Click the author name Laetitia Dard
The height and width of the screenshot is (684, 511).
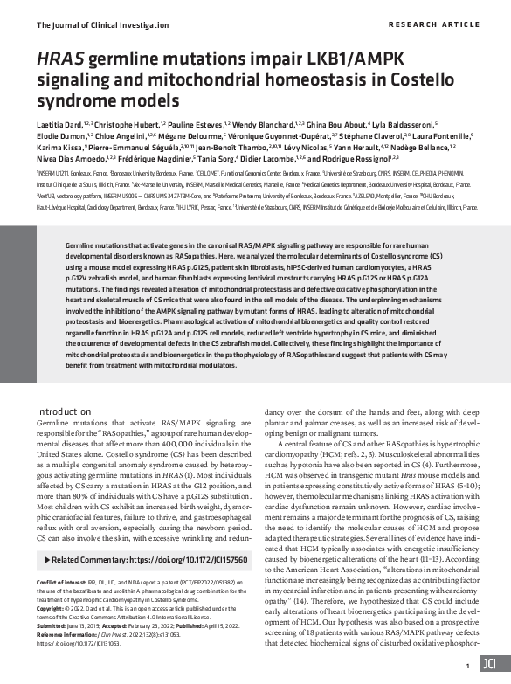(61, 126)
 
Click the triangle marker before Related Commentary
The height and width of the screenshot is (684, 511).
(45, 557)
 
